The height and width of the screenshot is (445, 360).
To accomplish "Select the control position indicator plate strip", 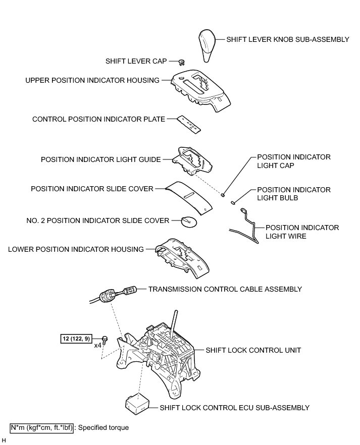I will (x=191, y=123).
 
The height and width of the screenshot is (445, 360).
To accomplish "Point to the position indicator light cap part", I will (x=223, y=194).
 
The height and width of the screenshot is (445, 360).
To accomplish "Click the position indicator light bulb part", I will (x=233, y=203).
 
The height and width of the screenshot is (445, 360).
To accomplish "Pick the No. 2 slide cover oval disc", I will (x=189, y=221).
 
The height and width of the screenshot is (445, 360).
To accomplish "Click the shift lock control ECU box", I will (x=138, y=401).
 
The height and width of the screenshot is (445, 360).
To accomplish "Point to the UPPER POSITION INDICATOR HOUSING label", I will (x=92, y=80).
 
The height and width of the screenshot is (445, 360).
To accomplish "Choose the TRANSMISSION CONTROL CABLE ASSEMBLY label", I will (x=225, y=289).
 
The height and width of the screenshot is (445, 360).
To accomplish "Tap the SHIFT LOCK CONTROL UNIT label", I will (x=246, y=350).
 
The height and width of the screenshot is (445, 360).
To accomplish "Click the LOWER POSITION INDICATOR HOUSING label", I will (x=76, y=249).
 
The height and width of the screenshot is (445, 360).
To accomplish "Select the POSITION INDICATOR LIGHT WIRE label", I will (x=302, y=232).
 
